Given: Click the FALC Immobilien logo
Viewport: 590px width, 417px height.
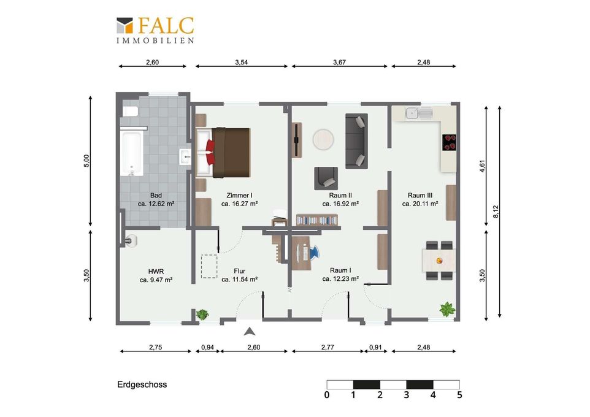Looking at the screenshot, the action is pos(155,30).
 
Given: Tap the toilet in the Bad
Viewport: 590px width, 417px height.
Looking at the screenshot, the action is pos(130,112).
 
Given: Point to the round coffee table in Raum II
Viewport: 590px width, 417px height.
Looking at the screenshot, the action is pos(323,140).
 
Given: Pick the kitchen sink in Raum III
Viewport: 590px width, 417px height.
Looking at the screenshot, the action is pos(418,113).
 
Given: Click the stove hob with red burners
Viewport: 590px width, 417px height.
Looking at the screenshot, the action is pos(450,142).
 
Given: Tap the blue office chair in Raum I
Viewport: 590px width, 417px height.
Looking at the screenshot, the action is pos(314,252).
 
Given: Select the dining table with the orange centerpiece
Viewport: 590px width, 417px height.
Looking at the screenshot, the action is pos(439,261).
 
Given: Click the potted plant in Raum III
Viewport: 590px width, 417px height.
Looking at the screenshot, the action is pos(447,309).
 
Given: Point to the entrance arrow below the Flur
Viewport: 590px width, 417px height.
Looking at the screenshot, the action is pos(250,331).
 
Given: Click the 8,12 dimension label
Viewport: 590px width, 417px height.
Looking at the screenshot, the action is pos(496,211).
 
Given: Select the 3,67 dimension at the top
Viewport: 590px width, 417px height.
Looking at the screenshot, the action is pos(339,62).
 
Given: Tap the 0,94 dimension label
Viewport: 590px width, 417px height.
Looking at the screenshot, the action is pos(207,347).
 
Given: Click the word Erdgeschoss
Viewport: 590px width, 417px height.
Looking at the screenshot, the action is pos(142,384).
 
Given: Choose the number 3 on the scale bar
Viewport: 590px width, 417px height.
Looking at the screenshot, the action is pos(407,395).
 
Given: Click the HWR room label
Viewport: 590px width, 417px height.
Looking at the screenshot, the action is pos(156,271).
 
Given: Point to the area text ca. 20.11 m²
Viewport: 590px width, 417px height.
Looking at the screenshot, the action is pos(420,204).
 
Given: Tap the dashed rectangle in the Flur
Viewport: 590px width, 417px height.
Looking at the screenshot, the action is pos(209,267).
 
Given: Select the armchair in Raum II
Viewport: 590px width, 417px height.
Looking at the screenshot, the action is pos(326,178).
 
